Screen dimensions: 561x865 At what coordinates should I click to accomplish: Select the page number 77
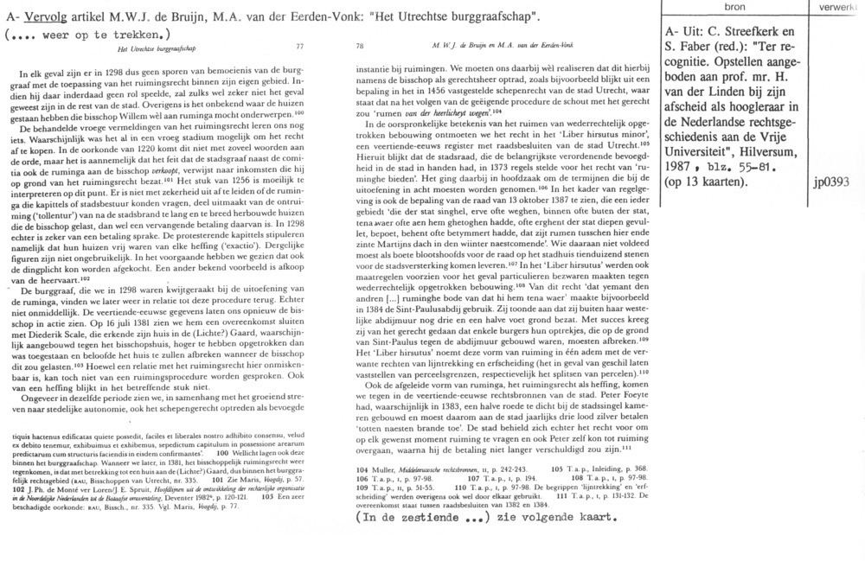(x=299, y=47)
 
